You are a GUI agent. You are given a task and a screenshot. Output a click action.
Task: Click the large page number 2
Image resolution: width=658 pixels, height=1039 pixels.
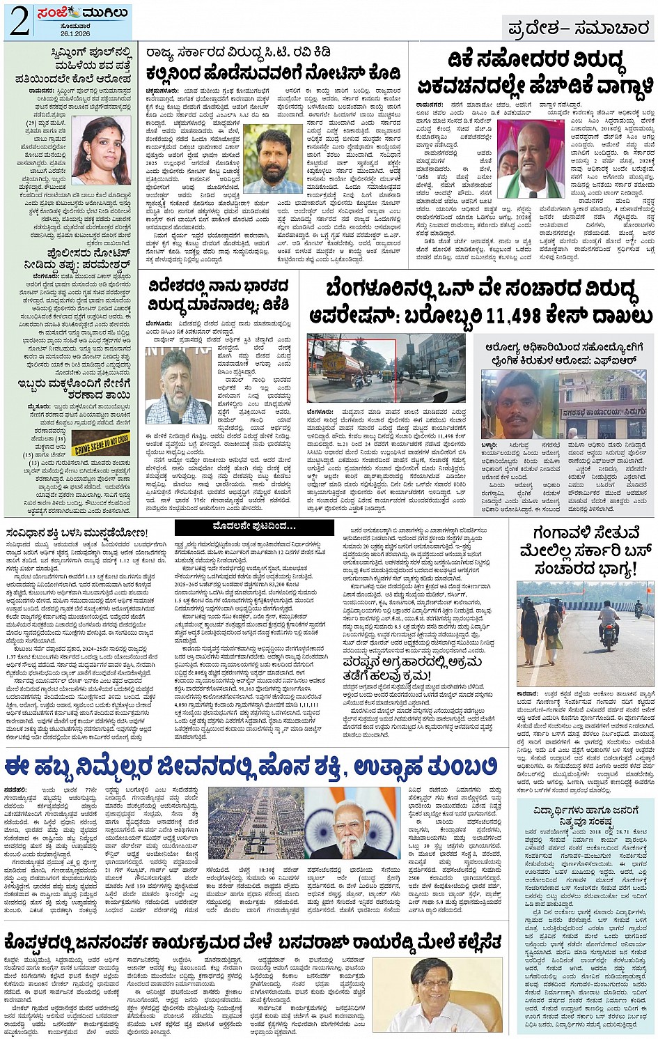coord(19,21)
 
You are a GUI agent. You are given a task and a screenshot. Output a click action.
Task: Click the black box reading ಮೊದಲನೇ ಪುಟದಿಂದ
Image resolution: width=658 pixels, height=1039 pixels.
coord(245,526)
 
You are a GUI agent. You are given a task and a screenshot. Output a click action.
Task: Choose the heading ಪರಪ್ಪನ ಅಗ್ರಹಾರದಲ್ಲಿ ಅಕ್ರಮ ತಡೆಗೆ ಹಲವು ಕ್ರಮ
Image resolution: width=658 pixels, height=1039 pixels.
coord(412,668)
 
